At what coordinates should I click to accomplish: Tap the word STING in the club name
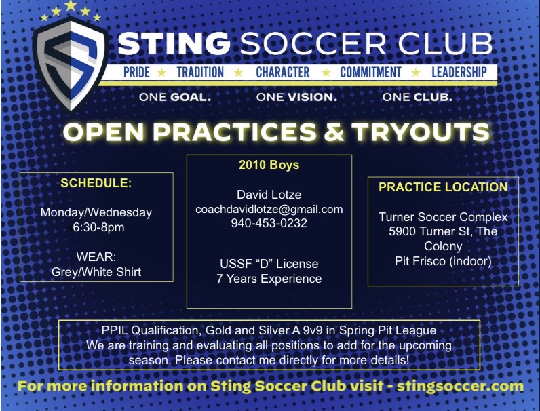click(x=174, y=43)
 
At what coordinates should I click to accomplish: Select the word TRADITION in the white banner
click(x=200, y=73)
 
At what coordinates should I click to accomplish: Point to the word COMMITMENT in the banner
click(x=370, y=73)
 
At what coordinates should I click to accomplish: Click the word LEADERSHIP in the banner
click(x=459, y=73)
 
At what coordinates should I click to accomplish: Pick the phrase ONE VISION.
click(x=296, y=97)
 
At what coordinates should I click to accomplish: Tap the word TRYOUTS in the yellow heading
click(x=420, y=132)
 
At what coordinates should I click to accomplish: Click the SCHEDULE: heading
click(x=96, y=183)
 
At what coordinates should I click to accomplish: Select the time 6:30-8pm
click(x=98, y=227)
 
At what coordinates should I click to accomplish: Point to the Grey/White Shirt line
click(x=96, y=272)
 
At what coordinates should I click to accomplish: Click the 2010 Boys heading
click(x=269, y=165)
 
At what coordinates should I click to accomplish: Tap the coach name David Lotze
click(x=269, y=195)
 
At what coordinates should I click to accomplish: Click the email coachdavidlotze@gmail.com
click(x=269, y=210)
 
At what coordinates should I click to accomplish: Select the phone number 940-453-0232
click(x=269, y=223)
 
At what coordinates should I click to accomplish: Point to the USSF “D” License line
click(x=269, y=264)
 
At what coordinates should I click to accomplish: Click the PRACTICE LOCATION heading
click(x=443, y=187)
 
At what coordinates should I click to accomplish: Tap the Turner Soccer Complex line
click(x=443, y=217)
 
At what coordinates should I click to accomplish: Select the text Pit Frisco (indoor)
click(x=443, y=261)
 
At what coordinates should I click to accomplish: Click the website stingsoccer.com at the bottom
click(x=460, y=386)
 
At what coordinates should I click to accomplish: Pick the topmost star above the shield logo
click(x=71, y=5)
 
